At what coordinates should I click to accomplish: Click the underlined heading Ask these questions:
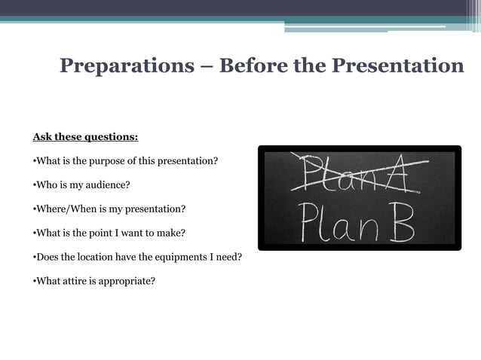(85, 137)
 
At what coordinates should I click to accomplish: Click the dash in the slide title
(207, 67)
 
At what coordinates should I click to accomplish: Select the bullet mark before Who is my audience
(34, 185)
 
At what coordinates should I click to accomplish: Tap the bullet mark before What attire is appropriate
(34, 281)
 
